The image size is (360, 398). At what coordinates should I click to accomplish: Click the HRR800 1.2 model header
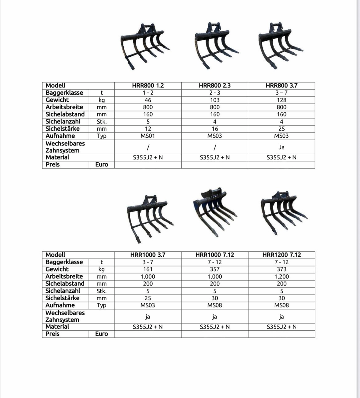[148, 86]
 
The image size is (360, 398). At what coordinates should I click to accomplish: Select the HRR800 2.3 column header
[214, 86]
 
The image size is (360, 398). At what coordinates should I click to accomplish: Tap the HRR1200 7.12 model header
[282, 255]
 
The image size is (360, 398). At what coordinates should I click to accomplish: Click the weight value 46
[148, 100]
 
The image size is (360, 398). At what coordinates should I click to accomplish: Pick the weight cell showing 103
[214, 100]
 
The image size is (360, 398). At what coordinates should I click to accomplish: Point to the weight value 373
[282, 269]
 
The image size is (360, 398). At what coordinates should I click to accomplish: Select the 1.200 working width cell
[282, 277]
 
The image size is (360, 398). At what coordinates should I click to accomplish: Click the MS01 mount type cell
[148, 136]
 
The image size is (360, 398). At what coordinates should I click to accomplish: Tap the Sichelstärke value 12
[148, 129]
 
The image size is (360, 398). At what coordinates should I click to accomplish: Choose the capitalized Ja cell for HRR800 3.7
[282, 147]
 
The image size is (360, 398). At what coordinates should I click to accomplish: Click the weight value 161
[148, 269]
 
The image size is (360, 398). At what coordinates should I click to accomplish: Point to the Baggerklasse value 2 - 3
[214, 93]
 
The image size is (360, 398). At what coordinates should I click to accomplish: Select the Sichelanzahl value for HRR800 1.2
[148, 122]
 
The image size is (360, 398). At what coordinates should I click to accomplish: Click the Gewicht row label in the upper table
[57, 100]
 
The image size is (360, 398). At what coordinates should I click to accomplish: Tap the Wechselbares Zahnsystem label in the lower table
[65, 316]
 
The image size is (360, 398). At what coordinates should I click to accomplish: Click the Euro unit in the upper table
[102, 164]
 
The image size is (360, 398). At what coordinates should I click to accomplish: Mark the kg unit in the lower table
[102, 269]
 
